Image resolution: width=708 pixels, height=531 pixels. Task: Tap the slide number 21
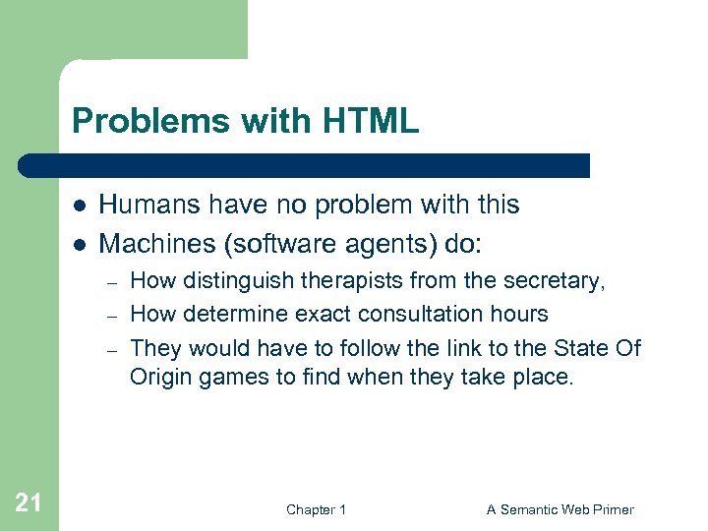(x=29, y=503)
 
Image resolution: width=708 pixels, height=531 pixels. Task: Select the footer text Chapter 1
(x=316, y=509)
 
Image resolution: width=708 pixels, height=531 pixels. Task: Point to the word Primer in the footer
(x=614, y=509)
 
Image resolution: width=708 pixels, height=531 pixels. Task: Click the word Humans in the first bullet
(x=144, y=205)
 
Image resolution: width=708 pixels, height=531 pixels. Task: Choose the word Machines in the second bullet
(x=149, y=242)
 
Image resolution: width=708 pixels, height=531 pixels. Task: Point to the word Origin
(x=160, y=378)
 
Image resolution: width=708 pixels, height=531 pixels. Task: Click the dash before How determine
(x=113, y=316)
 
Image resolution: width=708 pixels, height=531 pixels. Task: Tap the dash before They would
(x=113, y=349)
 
